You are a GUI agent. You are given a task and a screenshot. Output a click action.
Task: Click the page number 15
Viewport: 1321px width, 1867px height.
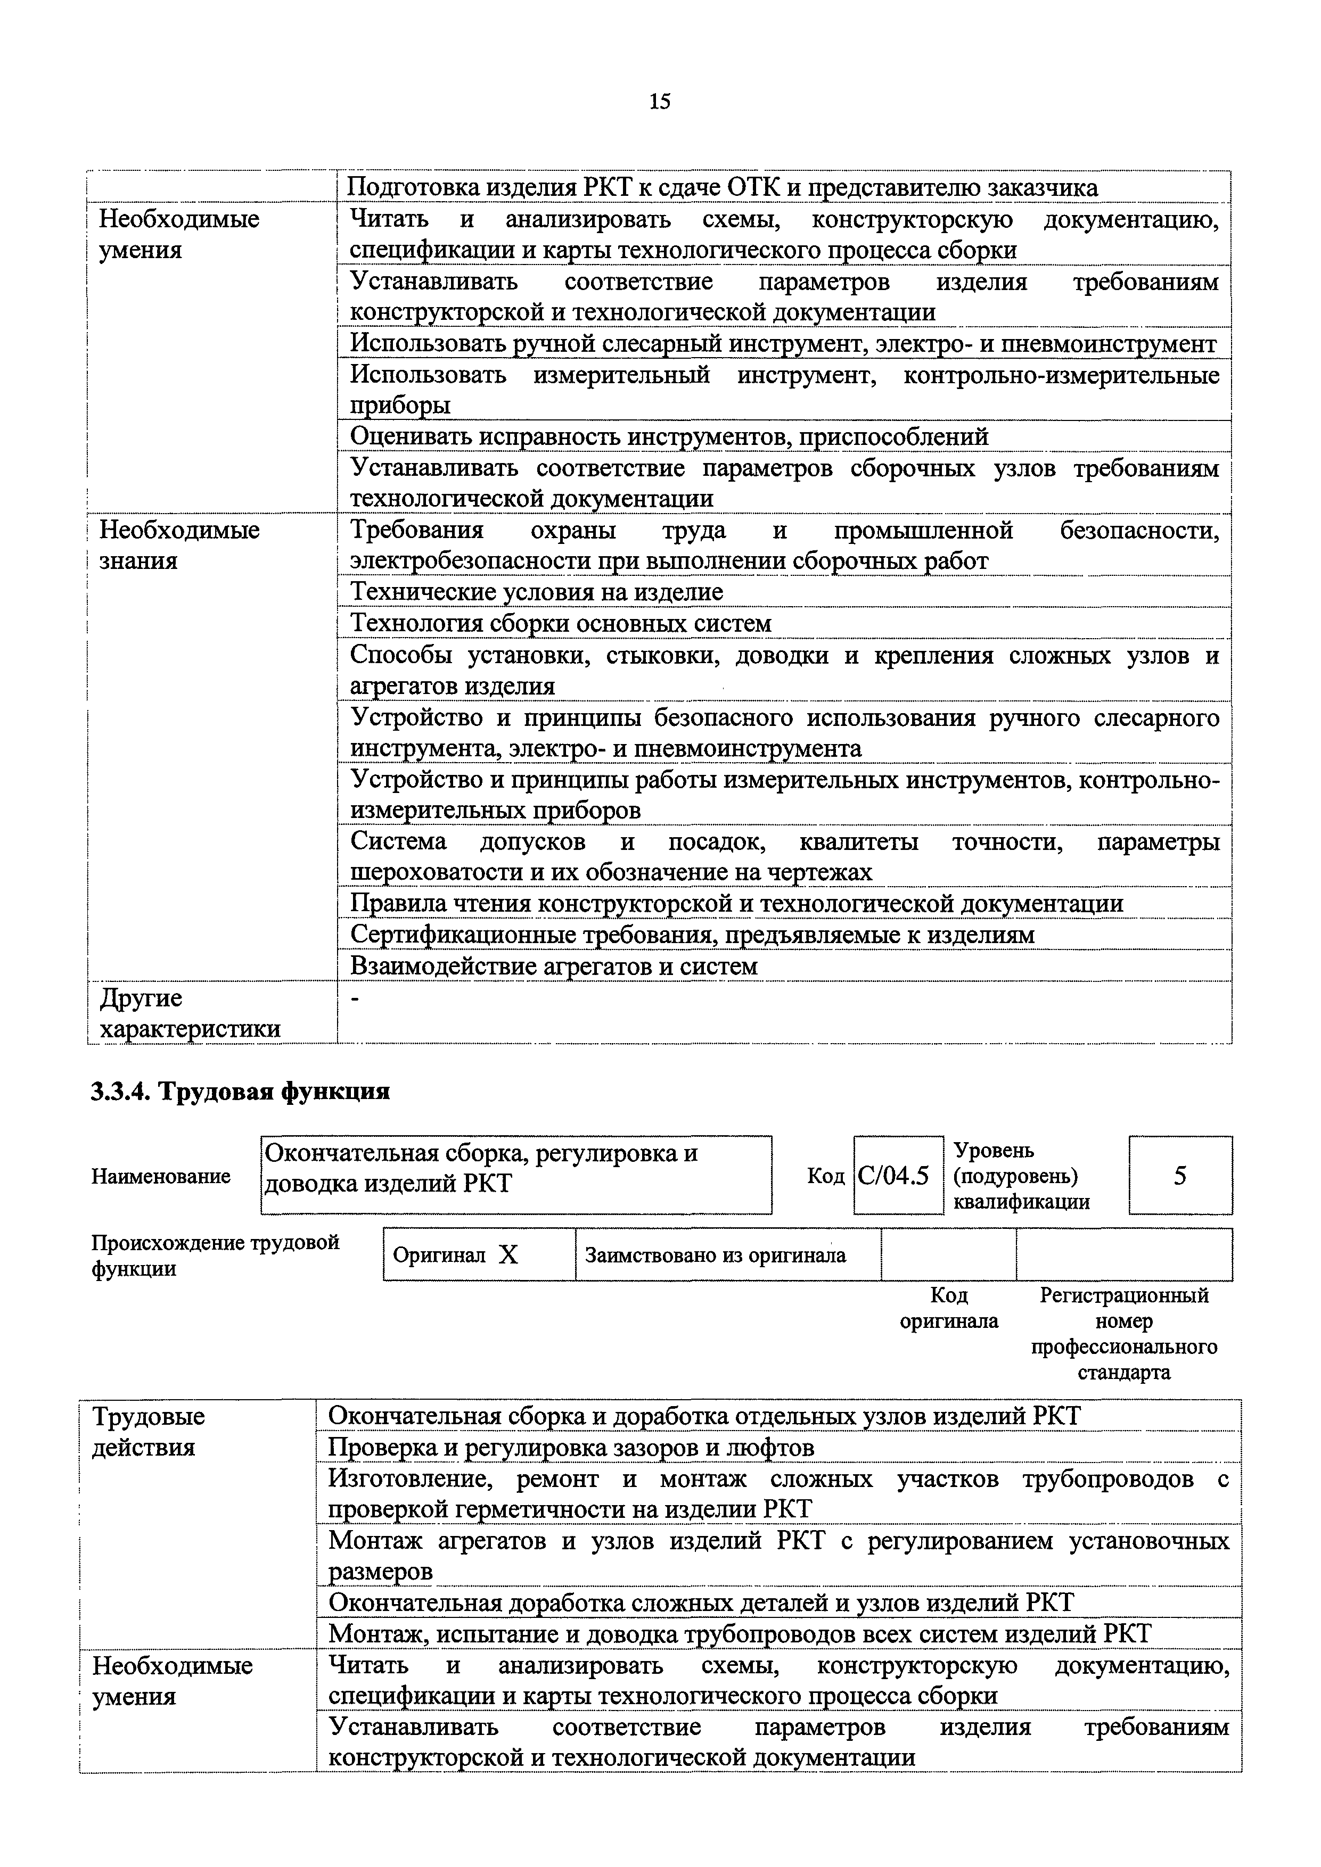660,102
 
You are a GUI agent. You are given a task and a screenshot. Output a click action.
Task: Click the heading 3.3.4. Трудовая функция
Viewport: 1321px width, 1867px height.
240,1091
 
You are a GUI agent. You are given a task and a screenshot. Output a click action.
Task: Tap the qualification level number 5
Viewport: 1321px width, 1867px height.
1179,1176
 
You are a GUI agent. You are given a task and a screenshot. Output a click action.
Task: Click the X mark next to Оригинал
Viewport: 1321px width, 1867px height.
508,1255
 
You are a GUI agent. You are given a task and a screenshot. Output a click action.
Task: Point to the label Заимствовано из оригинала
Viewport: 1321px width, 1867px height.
715,1255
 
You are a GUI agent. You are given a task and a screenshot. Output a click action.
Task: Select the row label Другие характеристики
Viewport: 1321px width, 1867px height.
188,1013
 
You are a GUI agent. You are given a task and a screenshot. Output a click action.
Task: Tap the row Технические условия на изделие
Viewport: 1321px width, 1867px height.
536,592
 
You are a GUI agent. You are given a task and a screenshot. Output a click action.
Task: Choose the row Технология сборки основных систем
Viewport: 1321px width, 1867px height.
561,624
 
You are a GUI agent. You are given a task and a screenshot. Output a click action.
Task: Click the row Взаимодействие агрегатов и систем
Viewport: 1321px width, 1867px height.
553,966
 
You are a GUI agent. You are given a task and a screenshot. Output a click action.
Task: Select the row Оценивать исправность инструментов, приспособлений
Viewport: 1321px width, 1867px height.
669,436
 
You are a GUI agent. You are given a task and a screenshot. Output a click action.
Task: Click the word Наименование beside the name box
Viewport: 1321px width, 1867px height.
160,1176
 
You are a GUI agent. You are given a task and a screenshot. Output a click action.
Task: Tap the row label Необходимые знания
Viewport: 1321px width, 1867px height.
179,545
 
